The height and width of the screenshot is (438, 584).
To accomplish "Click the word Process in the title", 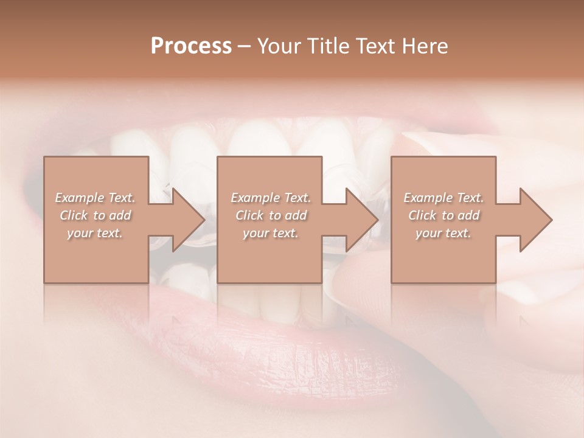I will coord(191,46).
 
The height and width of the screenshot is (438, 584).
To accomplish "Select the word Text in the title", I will coord(375,46).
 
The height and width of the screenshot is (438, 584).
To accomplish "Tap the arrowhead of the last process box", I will coord(535,220).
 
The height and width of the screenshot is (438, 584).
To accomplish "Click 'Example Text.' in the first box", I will coord(96,198).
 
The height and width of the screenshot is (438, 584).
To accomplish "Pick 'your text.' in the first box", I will coord(96,233).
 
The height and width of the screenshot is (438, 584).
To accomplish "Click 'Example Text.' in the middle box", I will coord(271,198).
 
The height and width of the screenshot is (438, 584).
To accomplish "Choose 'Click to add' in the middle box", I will coord(271,215).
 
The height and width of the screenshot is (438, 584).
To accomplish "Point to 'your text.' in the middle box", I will coord(271,233).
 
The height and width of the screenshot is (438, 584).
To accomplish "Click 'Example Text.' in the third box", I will coord(443,198).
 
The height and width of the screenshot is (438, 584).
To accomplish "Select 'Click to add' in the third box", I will coord(443,215).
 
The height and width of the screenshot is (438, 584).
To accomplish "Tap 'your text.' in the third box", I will coord(443,233).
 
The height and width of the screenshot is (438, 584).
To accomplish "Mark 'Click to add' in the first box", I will coord(96,215).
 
